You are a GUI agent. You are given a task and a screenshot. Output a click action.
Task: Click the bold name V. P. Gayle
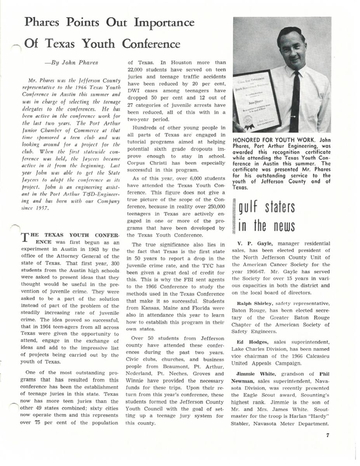click(250, 243)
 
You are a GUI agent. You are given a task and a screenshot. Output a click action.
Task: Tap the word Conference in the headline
click(151, 44)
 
